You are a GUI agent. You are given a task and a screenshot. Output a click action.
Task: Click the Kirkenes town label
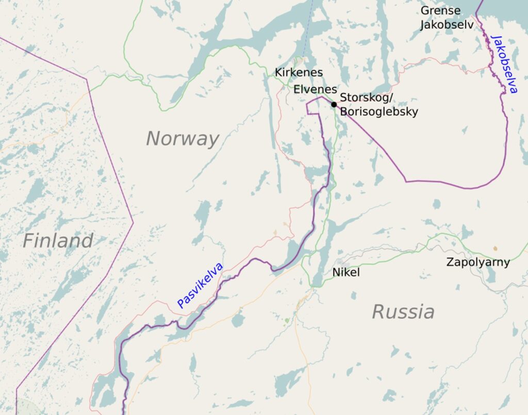coord(299,73)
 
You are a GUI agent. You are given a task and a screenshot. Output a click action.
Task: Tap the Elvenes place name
coord(315,90)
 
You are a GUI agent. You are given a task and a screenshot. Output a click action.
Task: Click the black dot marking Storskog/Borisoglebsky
coord(334,105)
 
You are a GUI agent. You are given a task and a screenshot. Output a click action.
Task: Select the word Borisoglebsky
coord(379,112)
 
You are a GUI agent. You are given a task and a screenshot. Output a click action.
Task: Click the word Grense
coord(440,11)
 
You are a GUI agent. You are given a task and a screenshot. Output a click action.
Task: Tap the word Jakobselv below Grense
coord(446,25)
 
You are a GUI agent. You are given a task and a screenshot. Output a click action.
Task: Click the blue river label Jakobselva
coord(504,64)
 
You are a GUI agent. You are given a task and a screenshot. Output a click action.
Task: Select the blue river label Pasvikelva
coord(200,285)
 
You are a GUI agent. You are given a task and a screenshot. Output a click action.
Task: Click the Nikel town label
coord(346,272)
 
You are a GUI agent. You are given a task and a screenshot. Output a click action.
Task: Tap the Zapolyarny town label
coord(478,262)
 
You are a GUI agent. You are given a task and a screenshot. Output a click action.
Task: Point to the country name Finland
coord(58,240)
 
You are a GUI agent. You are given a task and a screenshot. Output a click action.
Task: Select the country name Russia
coord(403,312)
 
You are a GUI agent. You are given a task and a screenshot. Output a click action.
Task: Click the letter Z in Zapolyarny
coord(450,262)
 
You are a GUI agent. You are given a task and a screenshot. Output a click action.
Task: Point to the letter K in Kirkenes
coord(278,73)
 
